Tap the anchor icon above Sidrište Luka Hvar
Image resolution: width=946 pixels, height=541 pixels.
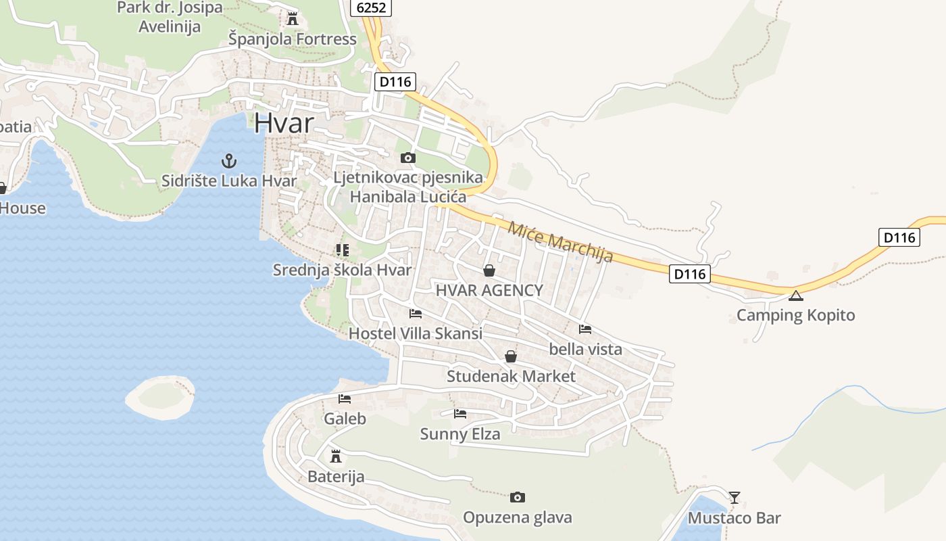(229, 161)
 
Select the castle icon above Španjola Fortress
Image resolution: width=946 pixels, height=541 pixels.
(292, 18)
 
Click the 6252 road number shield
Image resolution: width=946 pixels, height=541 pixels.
(371, 7)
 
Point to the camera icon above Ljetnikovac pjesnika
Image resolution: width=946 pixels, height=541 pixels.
(407, 158)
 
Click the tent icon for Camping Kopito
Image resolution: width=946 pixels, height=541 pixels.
(796, 295)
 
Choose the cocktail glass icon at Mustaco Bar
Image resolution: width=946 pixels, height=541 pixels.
(735, 498)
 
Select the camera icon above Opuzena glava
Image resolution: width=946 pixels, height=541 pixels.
(518, 498)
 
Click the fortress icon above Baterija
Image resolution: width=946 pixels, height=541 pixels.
(335, 456)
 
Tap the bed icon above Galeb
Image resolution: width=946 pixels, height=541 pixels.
(345, 399)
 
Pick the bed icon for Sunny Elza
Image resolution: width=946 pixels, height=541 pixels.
(460, 413)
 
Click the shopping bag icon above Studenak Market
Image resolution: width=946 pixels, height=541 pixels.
(511, 356)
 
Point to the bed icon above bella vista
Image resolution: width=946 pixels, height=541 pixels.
(585, 329)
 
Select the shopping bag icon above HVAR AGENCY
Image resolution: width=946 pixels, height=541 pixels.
(489, 270)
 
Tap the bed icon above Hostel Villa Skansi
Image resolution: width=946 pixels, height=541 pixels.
(416, 314)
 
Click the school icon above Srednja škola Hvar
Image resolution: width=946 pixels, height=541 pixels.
(342, 250)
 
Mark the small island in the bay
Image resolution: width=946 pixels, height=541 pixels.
(160, 396)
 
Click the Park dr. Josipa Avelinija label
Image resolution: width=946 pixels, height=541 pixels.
(169, 18)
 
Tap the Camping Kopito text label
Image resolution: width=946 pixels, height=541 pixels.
(795, 315)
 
